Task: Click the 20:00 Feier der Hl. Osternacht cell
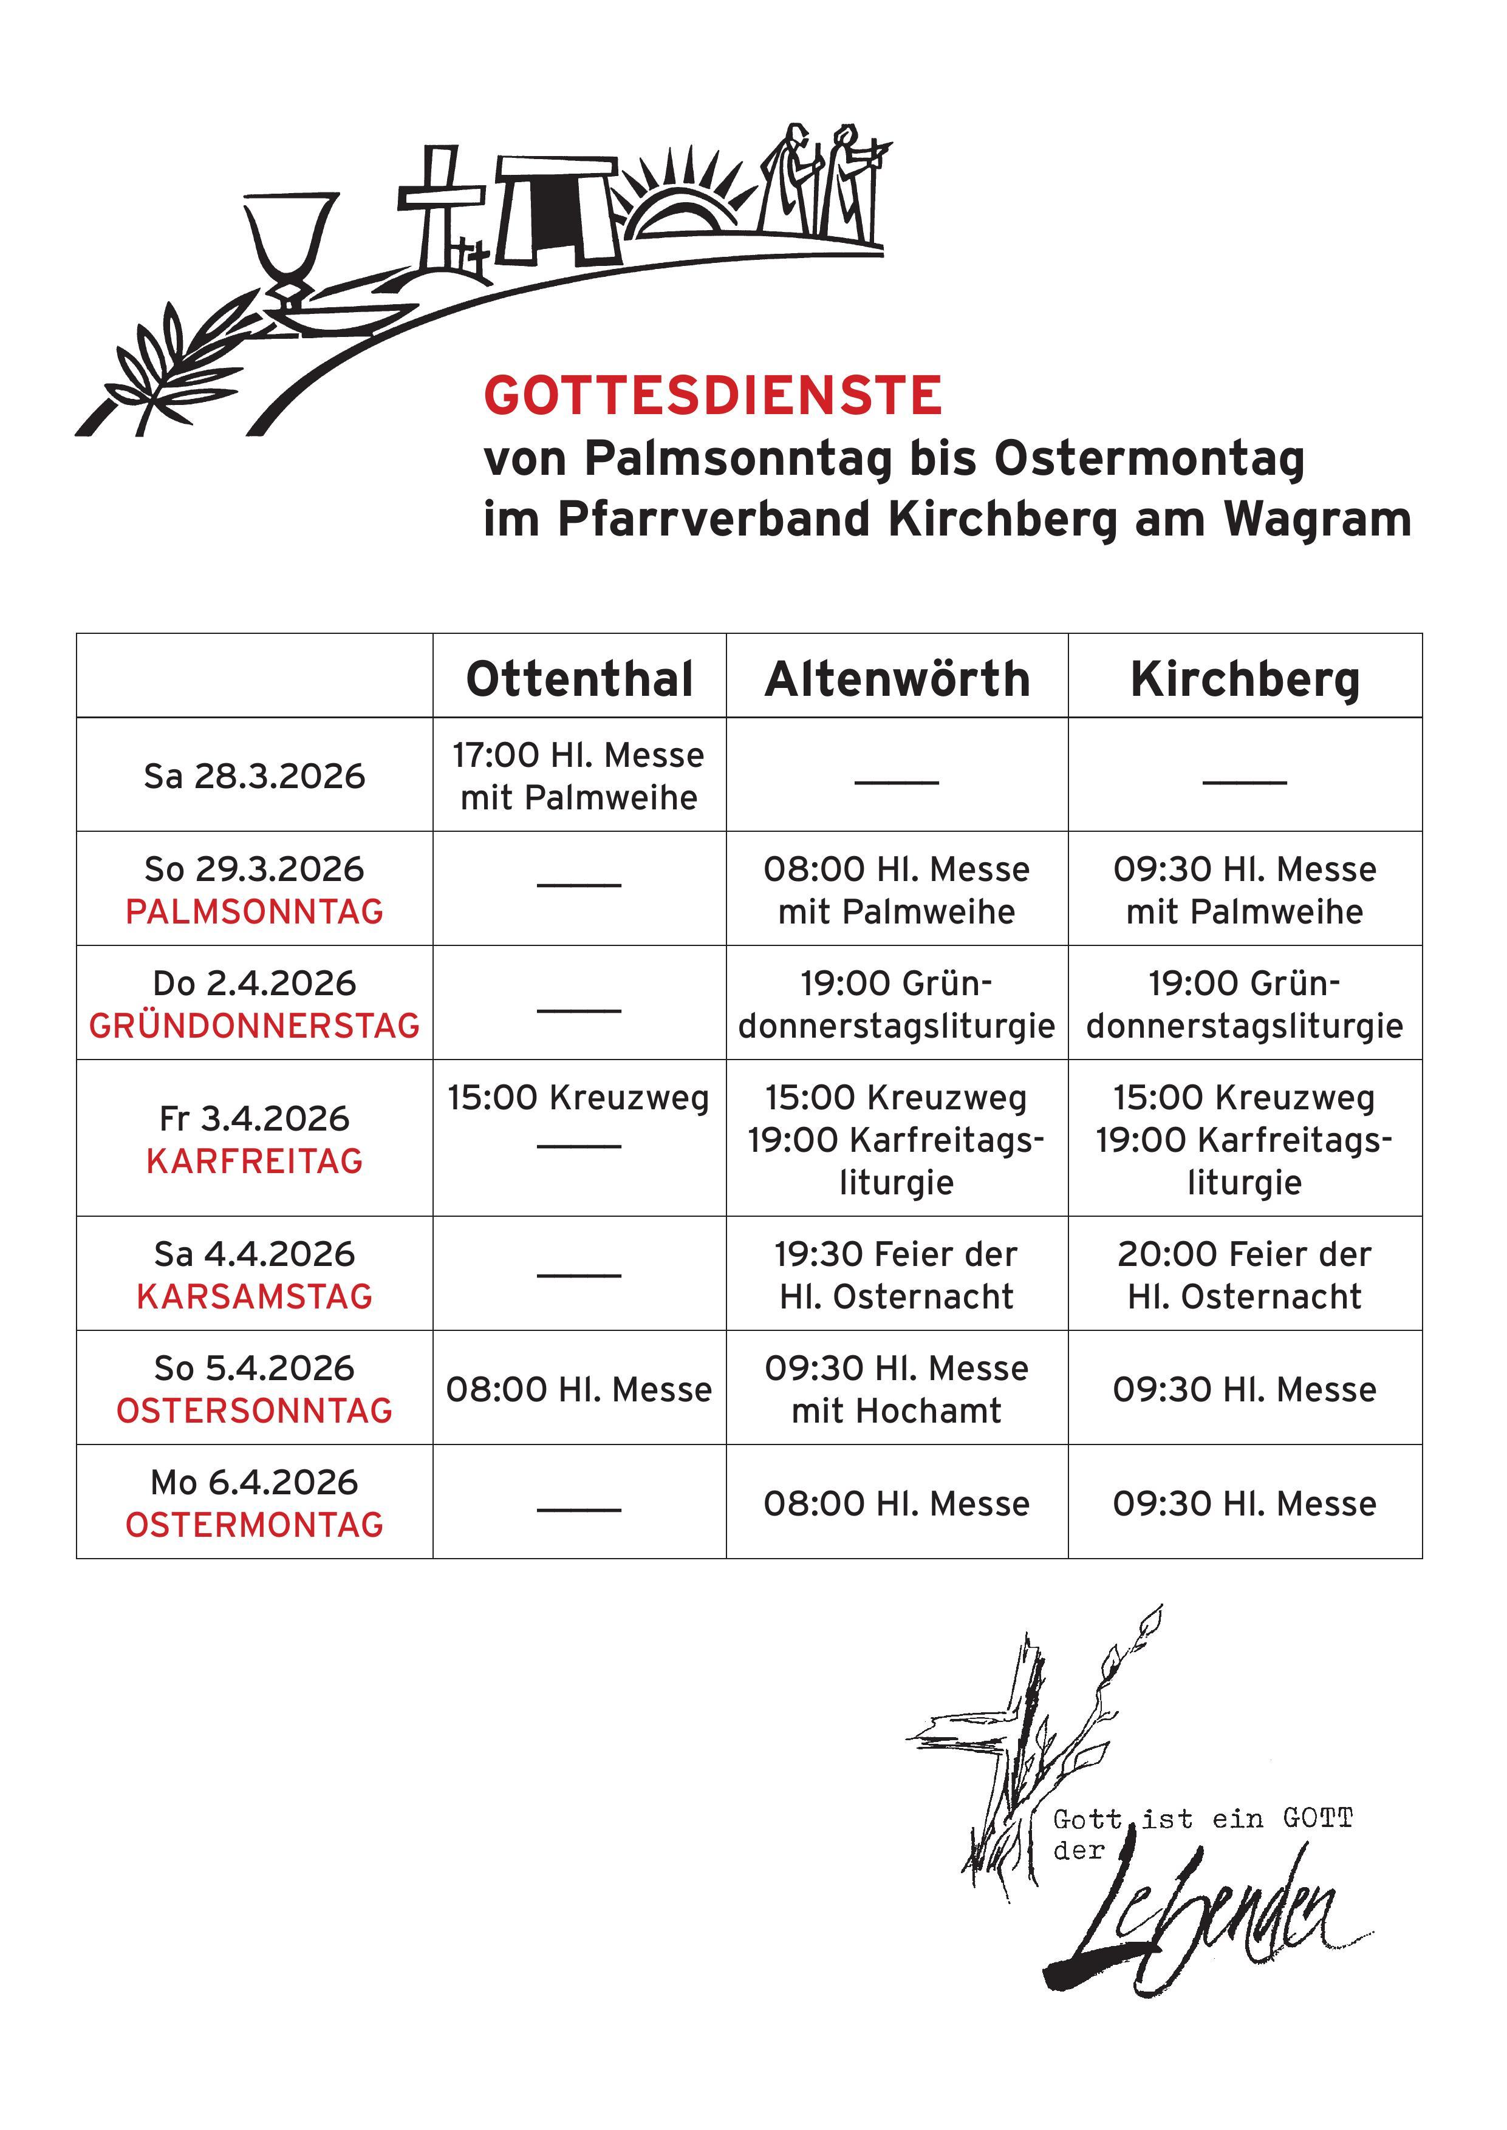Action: pos(1245,1274)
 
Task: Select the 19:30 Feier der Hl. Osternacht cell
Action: pos(897,1274)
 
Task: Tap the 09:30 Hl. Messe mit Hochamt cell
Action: pos(897,1389)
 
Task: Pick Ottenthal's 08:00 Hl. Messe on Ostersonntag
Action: pos(579,1389)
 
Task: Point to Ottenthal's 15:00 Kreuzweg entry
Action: pos(579,1097)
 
